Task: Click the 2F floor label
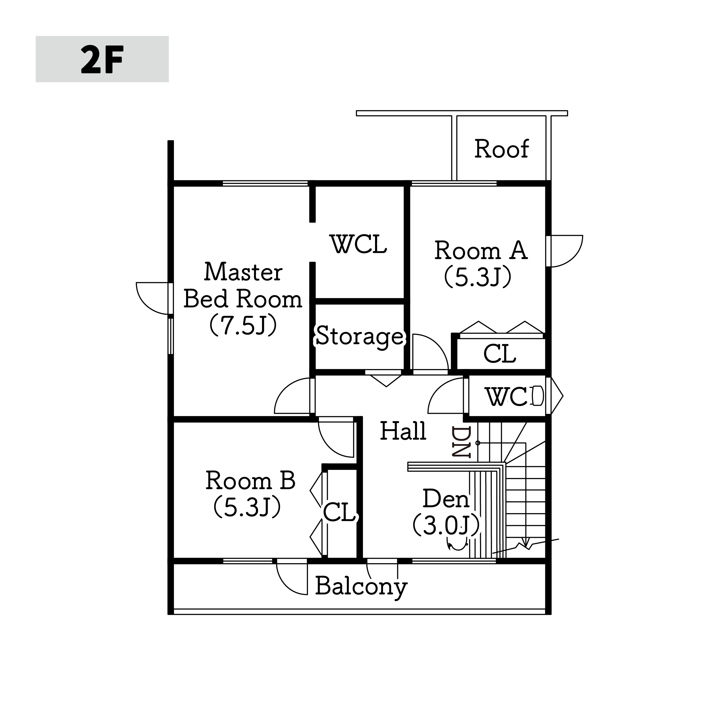tap(102, 59)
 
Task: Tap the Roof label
tap(501, 149)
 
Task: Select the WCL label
tap(358, 244)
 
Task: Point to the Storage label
tap(359, 336)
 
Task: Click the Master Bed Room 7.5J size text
tap(243, 325)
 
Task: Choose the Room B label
tap(250, 481)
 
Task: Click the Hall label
tap(403, 431)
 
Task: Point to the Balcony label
tap(361, 587)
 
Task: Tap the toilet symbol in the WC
tap(538, 396)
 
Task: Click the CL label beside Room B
tap(339, 512)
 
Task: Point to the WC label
tap(506, 397)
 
